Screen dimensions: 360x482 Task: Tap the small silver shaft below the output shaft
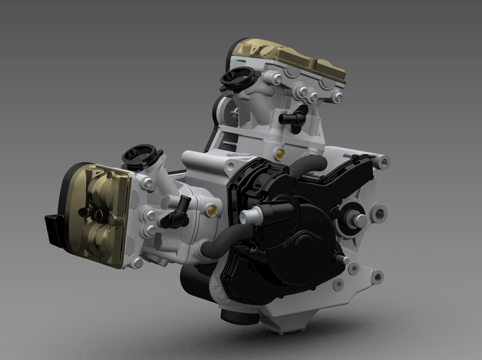344,260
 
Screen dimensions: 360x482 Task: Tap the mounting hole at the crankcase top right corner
384,162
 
